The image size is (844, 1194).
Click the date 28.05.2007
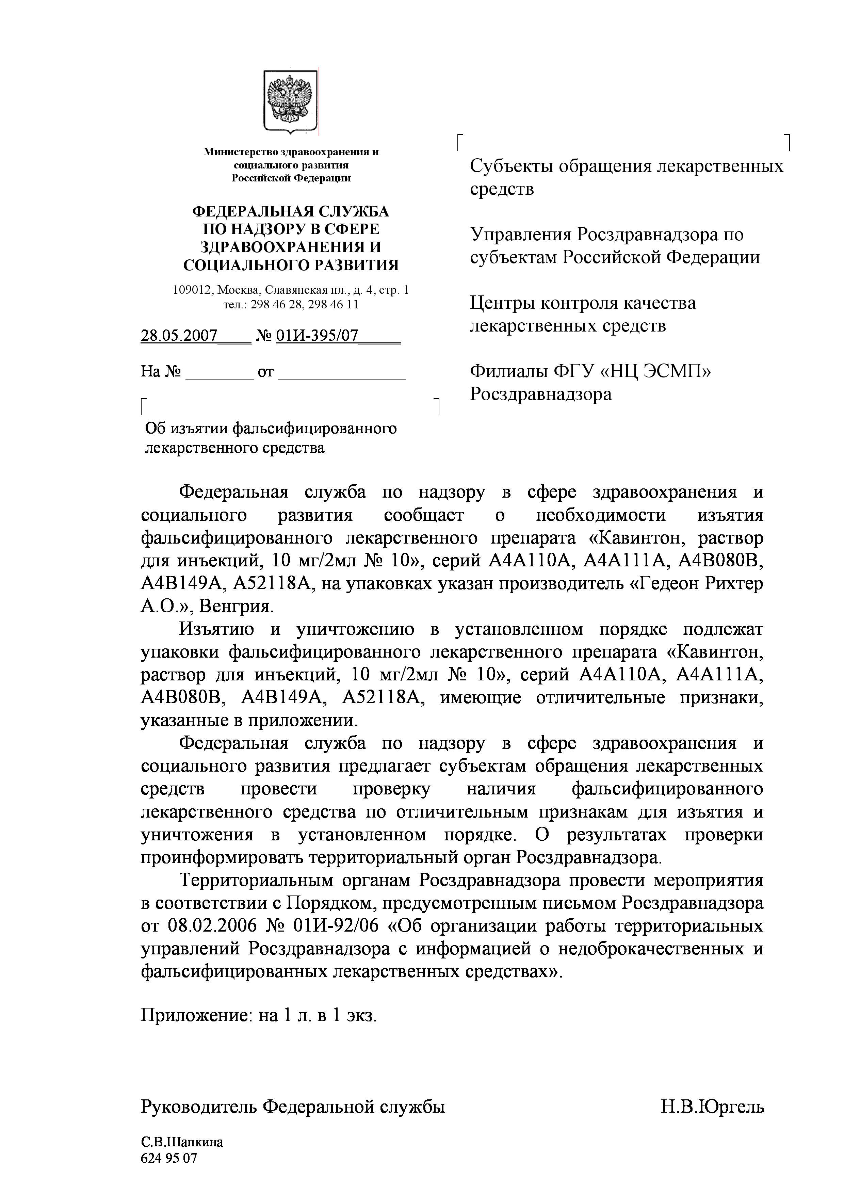coord(179,335)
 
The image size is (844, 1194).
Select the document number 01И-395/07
coord(317,335)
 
